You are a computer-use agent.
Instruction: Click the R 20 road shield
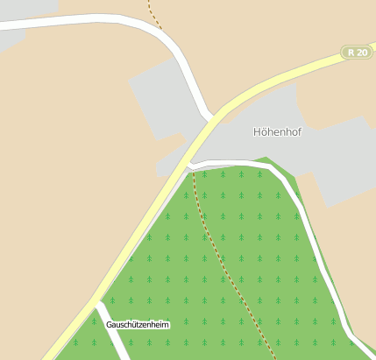[x=357, y=53]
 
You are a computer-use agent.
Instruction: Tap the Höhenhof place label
[x=276, y=132]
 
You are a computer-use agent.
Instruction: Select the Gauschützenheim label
[x=138, y=325]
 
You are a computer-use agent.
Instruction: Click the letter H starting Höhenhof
[x=258, y=132]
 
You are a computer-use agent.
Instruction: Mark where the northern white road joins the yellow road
[x=213, y=116]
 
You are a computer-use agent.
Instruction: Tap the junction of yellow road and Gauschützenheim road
[x=96, y=303]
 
